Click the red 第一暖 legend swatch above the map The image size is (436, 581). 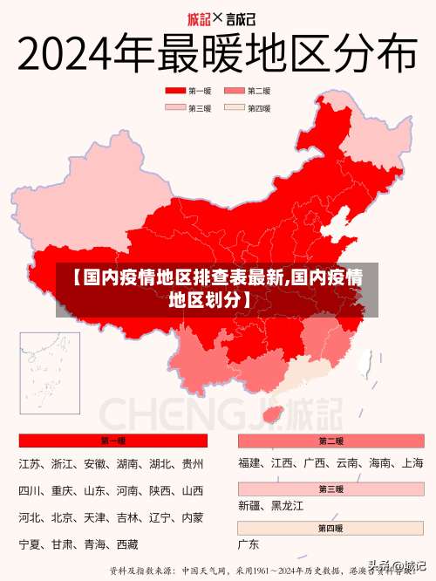pos(175,91)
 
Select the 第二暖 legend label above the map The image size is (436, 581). pos(259,91)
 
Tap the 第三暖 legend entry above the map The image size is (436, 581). pos(200,108)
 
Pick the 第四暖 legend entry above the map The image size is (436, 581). pos(259,108)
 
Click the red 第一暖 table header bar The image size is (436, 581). pos(113,441)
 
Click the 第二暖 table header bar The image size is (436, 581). pos(330,441)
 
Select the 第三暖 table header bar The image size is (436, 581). pos(330,488)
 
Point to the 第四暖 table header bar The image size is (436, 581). pos(330,529)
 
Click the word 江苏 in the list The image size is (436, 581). pos(31,463)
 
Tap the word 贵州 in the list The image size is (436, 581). pos(192,463)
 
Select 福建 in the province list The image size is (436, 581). pos(250,463)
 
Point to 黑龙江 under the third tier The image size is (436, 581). pos(286,505)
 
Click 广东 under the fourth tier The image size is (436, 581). pos(249,544)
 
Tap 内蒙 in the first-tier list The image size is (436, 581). pos(192,517)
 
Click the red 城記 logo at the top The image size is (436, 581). pos(200,18)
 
